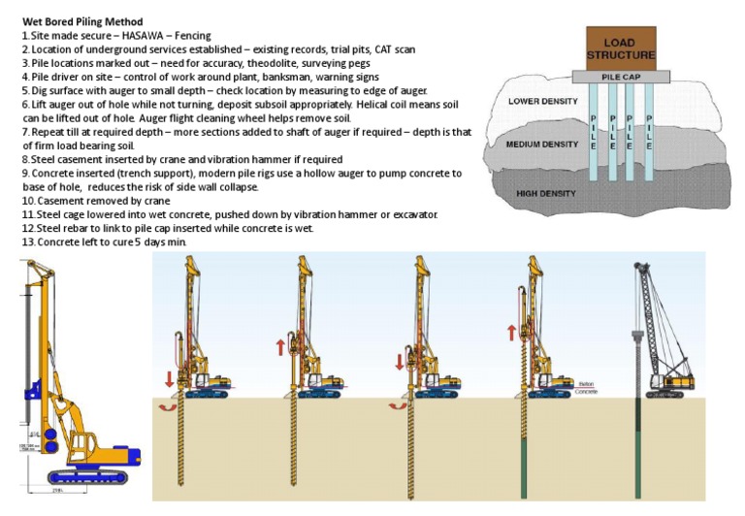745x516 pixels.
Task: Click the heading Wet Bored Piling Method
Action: pos(81,21)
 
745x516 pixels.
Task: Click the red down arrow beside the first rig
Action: pos(171,377)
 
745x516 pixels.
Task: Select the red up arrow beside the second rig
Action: pos(279,345)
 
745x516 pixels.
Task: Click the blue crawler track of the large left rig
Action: pos(92,475)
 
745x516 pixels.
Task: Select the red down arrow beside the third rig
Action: pos(399,363)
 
